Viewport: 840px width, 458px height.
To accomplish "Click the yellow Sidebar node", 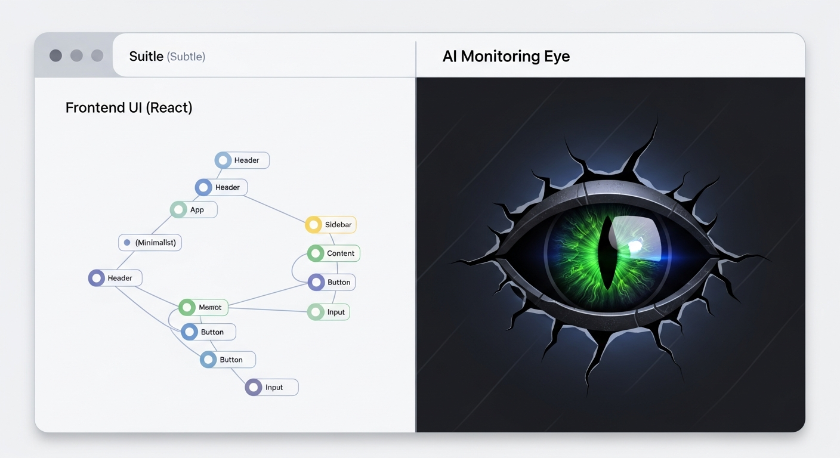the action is point(331,224).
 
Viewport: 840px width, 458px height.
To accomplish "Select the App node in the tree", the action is point(193,209).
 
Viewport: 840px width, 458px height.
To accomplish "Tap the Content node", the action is point(333,253).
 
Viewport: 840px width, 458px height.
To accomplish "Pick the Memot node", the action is point(203,307).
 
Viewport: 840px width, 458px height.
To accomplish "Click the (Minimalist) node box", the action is point(150,243).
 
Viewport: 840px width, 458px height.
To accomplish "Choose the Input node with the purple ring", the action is point(272,387).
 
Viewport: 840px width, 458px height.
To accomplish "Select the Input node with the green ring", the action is point(329,312).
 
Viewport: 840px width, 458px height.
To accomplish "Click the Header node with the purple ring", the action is point(115,278).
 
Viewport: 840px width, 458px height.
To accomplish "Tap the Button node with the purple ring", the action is point(332,282).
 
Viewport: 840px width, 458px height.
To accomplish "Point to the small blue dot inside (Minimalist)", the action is point(127,243).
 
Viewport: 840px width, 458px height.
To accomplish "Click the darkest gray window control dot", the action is point(56,55).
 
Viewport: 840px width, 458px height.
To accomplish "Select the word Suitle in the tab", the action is point(146,56).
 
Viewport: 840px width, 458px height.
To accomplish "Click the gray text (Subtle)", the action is point(186,57).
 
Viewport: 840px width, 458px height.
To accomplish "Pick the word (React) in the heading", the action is point(169,108).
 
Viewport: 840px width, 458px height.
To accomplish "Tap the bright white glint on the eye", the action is point(635,246).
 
